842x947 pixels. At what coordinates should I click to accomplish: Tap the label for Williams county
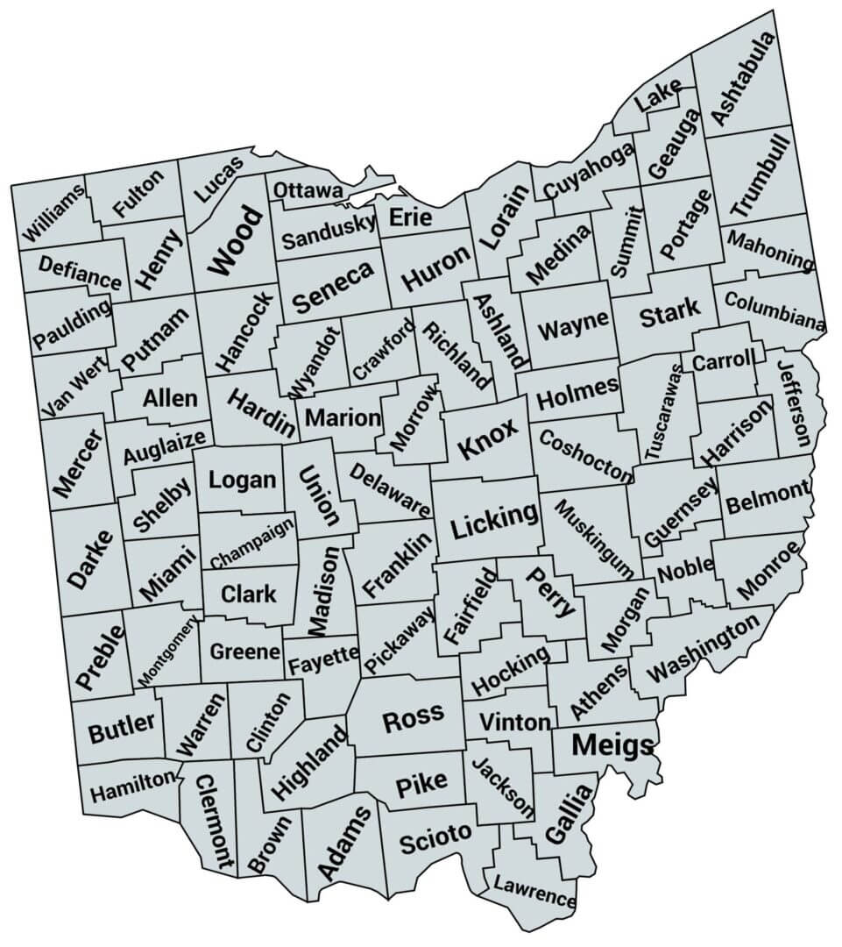click(55, 214)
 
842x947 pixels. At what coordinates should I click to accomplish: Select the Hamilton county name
click(132, 789)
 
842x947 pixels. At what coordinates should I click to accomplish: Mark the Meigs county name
click(612, 745)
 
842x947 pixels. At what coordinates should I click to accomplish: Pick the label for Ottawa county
click(308, 190)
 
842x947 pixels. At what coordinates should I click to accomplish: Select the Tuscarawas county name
click(662, 411)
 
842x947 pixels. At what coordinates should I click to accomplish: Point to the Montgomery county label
click(169, 650)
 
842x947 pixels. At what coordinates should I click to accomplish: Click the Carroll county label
click(723, 360)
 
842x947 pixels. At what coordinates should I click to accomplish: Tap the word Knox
click(488, 437)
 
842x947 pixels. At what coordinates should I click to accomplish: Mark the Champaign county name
click(252, 545)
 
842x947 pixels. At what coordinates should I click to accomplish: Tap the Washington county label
click(704, 649)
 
